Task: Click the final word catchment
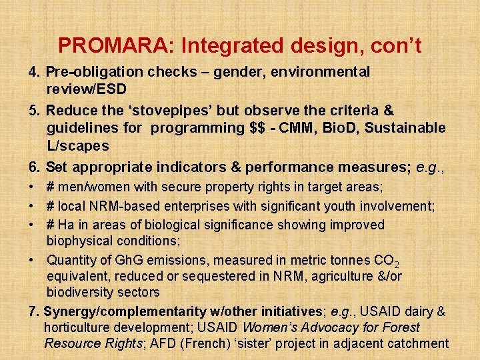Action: click(416, 344)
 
